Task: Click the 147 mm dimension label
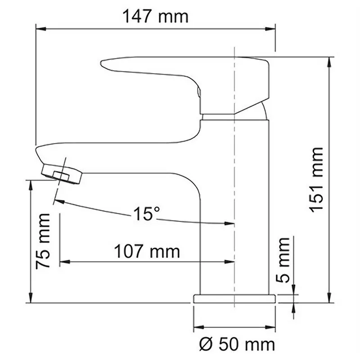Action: (155, 17)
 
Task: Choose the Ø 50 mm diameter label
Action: (237, 345)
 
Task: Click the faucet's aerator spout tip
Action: (62, 174)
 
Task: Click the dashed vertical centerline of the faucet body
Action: (234, 180)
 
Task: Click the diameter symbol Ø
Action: (204, 345)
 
